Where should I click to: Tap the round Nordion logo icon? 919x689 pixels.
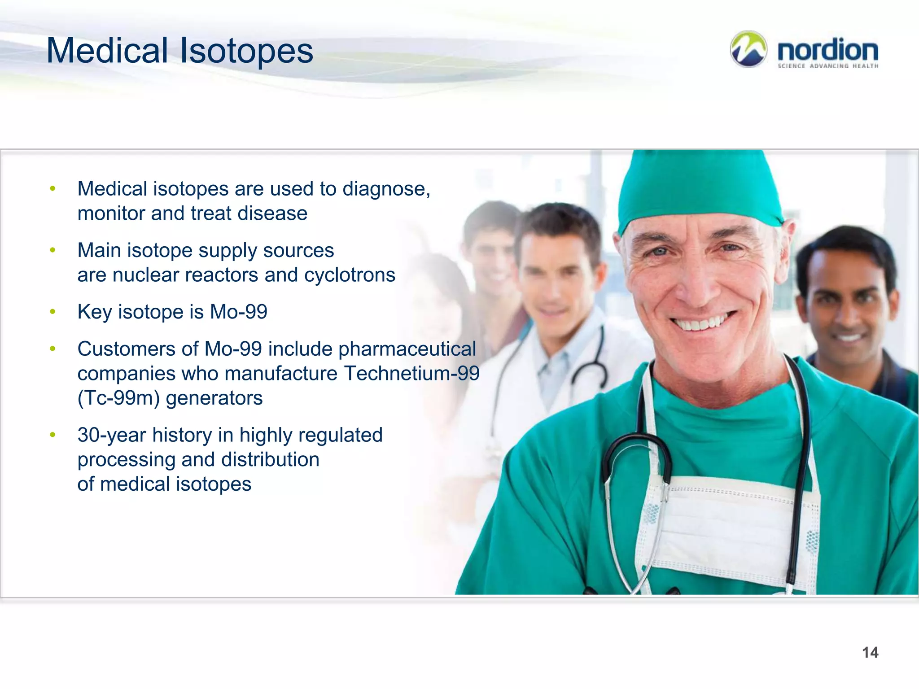click(x=748, y=49)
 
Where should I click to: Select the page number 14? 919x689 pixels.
click(x=870, y=652)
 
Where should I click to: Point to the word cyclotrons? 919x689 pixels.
click(x=350, y=275)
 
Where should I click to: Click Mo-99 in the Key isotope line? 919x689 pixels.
click(x=238, y=312)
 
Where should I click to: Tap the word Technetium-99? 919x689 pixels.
click(x=411, y=373)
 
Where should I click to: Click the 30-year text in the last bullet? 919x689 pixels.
click(x=112, y=435)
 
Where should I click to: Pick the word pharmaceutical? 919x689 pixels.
click(x=407, y=349)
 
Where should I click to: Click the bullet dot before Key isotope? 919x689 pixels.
click(x=53, y=312)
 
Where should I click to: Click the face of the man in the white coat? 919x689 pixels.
click(x=556, y=278)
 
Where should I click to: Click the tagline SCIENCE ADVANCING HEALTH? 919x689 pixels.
click(x=827, y=66)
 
